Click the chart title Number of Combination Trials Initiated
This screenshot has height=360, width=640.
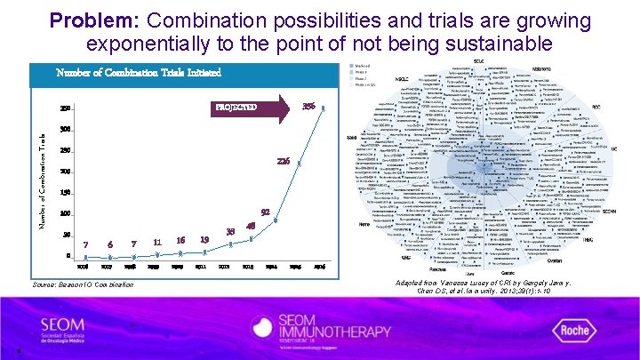click(138, 72)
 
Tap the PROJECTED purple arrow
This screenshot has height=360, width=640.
click(253, 108)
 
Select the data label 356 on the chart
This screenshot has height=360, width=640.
click(310, 106)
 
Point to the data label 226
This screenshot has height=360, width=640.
click(283, 161)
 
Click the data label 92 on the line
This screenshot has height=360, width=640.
click(265, 212)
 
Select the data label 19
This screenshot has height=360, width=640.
click(204, 239)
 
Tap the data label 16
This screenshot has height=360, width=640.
click(180, 240)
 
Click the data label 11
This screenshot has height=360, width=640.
click(156, 242)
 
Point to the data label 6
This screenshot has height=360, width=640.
click(109, 244)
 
